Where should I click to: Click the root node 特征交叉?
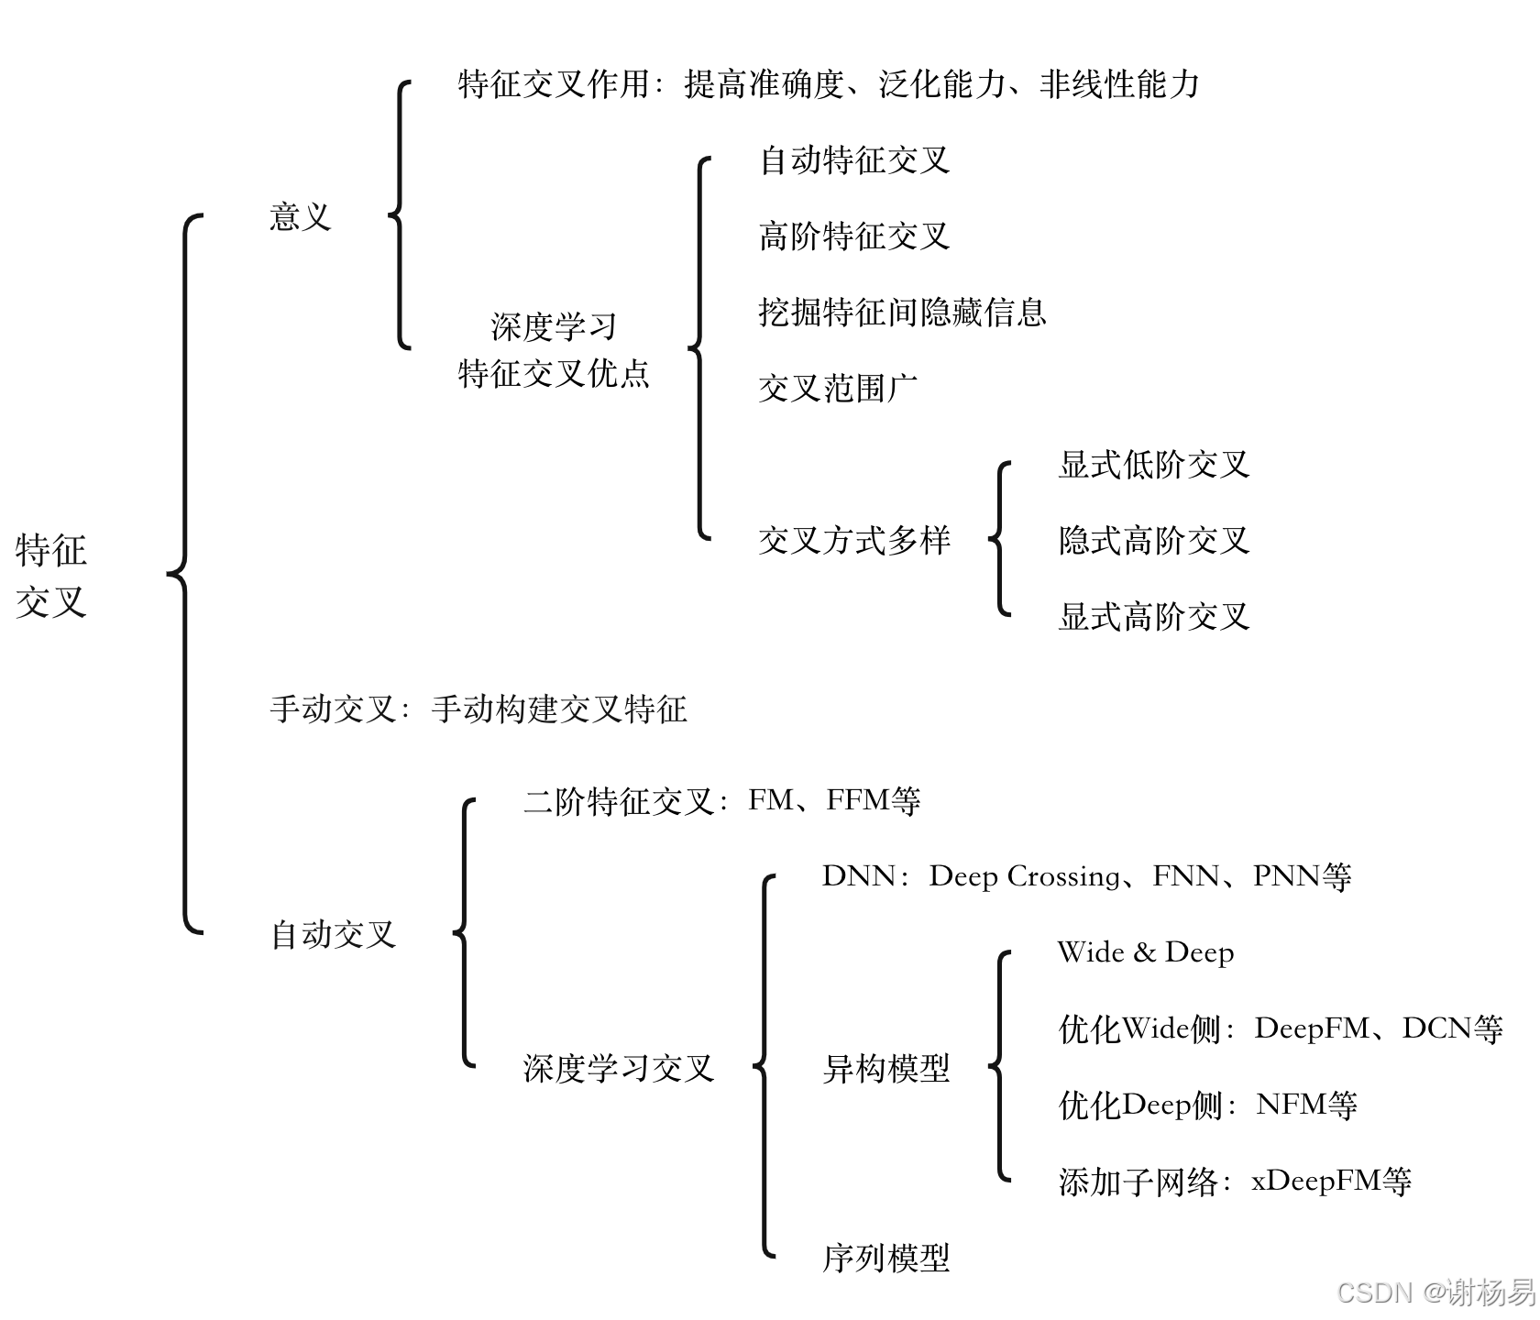pos(51,576)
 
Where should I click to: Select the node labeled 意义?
pos(300,217)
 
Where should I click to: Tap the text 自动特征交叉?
pos(854,160)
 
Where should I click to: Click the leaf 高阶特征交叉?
pos(854,236)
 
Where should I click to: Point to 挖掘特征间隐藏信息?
pos(902,313)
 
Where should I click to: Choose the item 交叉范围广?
pos(838,389)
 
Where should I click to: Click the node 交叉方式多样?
pos(854,541)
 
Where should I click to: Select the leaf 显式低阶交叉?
pos(1154,465)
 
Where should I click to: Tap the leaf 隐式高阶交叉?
pos(1154,541)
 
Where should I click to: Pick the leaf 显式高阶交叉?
pos(1154,617)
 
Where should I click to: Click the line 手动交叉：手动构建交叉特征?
pos(478,709)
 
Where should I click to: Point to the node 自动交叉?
pos(334,935)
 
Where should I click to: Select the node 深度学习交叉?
pos(619,1068)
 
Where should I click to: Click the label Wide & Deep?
pos(1146,952)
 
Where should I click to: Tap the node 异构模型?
pos(886,1068)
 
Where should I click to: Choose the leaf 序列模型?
pos(886,1258)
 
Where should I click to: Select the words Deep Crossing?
pos(1024,876)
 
